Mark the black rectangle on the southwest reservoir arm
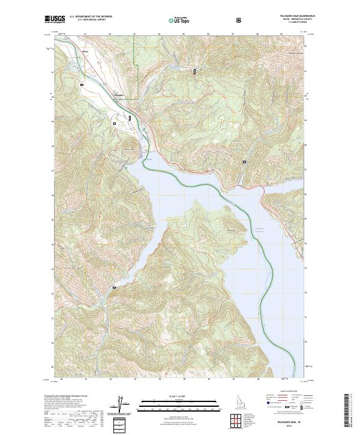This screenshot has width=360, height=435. click(x=113, y=289)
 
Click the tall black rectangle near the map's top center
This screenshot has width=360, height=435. click(x=194, y=71)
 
